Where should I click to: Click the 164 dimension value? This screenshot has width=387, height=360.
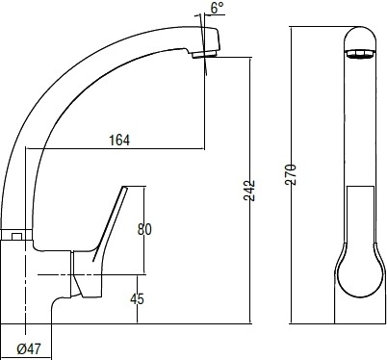tap(119, 141)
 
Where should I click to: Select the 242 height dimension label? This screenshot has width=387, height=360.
tap(248, 191)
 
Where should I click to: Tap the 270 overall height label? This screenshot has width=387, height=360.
tap(291, 175)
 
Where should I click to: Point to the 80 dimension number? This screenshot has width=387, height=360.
tap(144, 229)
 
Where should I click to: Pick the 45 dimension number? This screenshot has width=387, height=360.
tap(137, 298)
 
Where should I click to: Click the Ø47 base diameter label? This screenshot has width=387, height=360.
tap(29, 348)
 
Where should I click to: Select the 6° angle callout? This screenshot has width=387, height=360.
tap(217, 9)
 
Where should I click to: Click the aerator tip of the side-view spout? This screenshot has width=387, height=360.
tap(204, 55)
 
